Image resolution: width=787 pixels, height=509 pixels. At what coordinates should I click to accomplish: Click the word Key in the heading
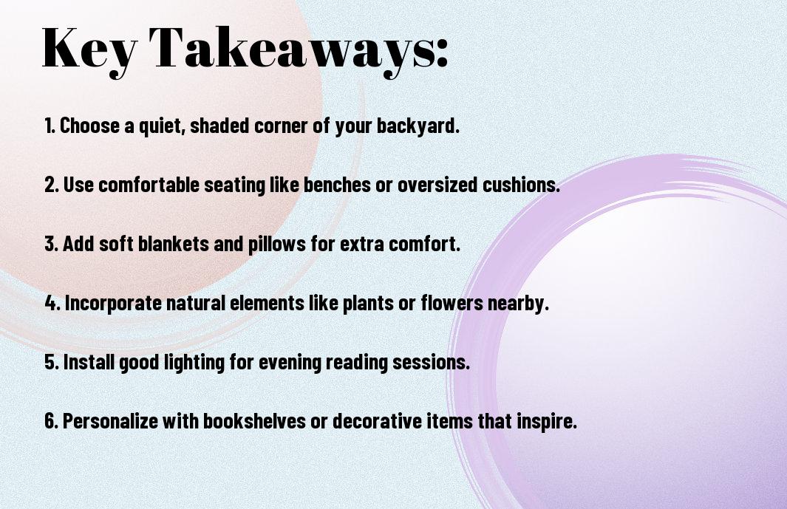89,49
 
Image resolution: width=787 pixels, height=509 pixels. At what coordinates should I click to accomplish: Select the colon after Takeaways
442,52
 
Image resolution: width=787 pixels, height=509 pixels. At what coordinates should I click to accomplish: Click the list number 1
50,126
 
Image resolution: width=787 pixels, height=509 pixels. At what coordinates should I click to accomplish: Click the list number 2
51,185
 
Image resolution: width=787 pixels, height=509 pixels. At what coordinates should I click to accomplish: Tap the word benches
338,184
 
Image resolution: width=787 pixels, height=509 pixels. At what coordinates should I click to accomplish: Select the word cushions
521,184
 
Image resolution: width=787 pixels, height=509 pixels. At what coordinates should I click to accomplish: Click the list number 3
51,244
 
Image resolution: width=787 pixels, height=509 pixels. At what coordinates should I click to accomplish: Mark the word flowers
452,303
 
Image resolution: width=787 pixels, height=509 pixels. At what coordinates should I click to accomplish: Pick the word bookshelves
254,420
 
